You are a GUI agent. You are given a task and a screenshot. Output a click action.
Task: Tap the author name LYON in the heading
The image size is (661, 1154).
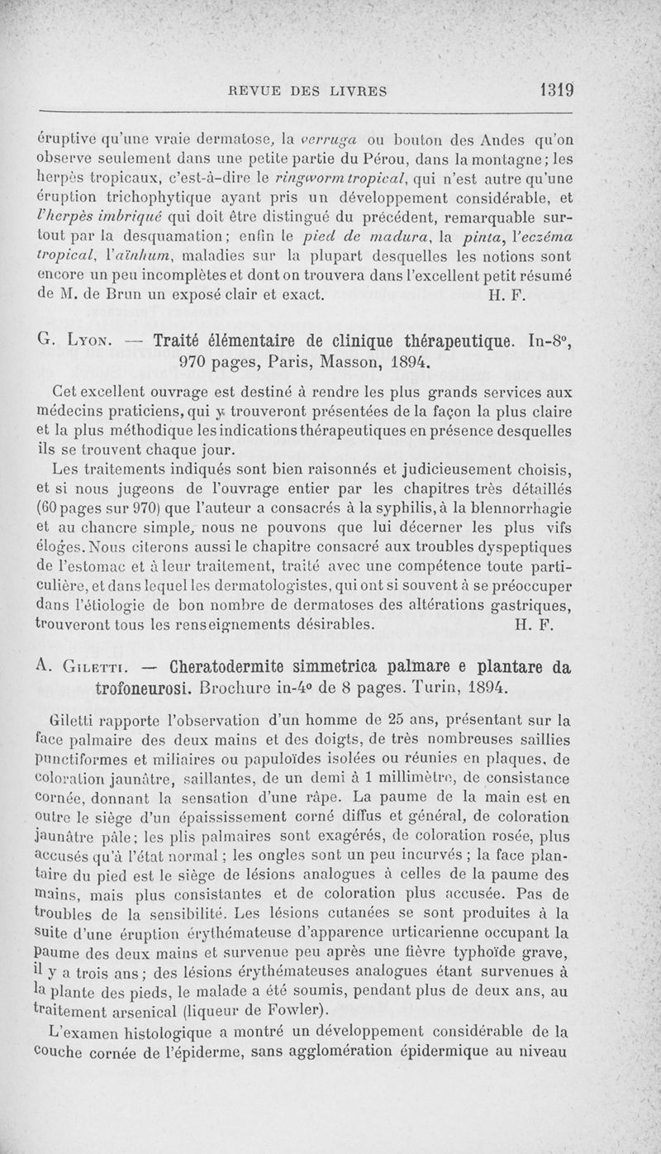coord(93,341)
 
